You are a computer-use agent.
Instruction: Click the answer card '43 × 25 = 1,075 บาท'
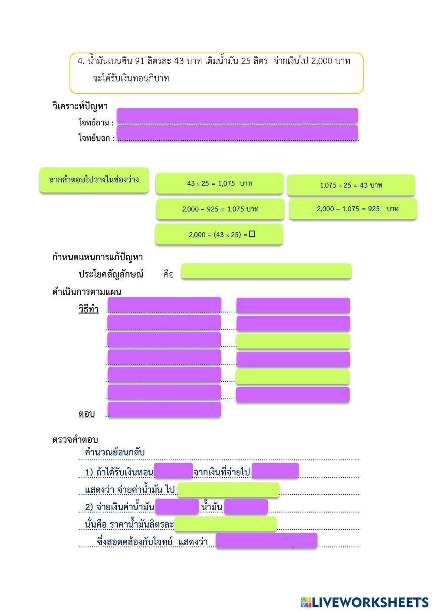pos(219,183)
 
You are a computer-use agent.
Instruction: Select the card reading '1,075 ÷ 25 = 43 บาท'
pos(351,185)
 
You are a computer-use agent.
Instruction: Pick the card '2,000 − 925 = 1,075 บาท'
pos(220,209)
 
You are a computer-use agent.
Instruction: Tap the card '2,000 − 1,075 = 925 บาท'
pos(353,209)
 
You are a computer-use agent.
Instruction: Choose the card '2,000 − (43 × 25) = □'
pos(219,235)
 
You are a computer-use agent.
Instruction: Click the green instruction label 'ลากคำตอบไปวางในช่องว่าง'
pos(94,179)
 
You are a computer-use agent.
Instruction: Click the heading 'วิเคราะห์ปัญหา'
pos(80,106)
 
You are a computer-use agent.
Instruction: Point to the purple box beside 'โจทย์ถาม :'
pos(237,115)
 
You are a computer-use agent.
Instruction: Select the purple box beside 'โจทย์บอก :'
pos(237,133)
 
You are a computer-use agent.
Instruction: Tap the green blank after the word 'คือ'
pos(266,271)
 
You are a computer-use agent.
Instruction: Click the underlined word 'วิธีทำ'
pos(89,310)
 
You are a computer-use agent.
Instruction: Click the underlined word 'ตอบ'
pos(87,414)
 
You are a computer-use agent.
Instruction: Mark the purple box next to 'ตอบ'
pos(164,410)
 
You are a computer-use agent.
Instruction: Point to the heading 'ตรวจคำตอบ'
pos(75,440)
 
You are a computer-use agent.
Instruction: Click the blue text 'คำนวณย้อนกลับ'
pos(115,452)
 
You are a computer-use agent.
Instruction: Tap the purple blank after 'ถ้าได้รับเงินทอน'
pos(173,471)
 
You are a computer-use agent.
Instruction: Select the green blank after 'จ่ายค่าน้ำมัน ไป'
pos(228,489)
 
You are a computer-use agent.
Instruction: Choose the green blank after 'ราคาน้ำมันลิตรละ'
pos(225,524)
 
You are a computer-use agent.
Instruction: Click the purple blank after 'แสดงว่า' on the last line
pos(266,541)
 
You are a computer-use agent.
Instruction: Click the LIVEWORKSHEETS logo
pos(365,602)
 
